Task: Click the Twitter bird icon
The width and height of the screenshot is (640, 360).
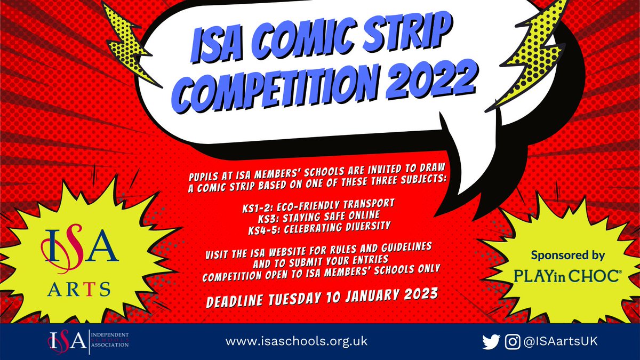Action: (x=490, y=341)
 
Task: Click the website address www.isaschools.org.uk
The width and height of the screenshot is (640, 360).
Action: (x=297, y=341)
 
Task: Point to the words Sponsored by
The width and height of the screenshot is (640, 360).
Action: (x=568, y=255)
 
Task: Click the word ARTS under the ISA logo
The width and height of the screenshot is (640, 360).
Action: (x=76, y=289)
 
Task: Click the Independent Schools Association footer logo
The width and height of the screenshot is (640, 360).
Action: (x=89, y=341)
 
